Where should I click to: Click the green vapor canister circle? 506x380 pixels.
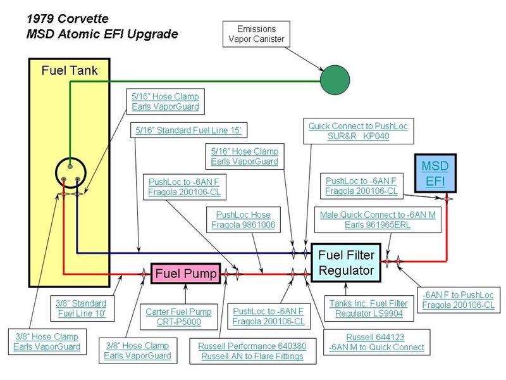tap(335, 81)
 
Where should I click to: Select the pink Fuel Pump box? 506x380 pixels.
tap(185, 274)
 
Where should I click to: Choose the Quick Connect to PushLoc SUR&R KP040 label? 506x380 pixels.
tap(357, 131)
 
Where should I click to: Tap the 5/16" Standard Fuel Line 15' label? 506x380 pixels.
tap(188, 130)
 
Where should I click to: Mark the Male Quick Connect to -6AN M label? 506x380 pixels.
tap(378, 219)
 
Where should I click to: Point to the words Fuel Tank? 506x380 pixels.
tap(70, 70)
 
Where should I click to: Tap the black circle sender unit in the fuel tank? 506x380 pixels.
tap(70, 171)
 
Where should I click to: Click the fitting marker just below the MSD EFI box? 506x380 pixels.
tap(447, 198)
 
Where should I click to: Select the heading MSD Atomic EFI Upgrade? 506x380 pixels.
tap(102, 34)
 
